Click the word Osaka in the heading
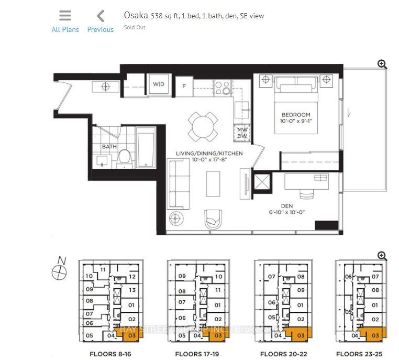pos(136,16)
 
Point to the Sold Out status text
pos(135,27)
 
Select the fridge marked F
pos(184,86)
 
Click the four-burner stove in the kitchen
pos(222,86)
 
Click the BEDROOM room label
pos(296,115)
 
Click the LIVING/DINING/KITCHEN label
pos(209,153)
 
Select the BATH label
pos(109,147)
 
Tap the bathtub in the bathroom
pos(146,149)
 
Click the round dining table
pos(203,126)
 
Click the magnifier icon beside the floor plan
pos(382,64)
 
